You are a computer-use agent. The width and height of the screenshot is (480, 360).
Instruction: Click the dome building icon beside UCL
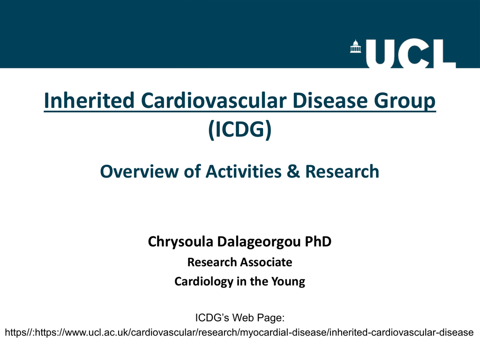pos(355,46)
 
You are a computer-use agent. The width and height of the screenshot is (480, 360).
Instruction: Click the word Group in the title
pos(405,102)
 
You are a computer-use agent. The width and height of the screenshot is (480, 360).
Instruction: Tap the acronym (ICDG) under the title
pos(240,129)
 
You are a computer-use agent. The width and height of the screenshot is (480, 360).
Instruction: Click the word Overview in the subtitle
pos(139,172)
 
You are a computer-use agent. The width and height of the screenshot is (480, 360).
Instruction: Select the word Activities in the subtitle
pos(243,172)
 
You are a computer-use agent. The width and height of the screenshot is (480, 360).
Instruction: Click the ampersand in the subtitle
pos(293,172)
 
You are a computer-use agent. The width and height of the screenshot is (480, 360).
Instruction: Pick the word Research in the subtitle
pos(342,172)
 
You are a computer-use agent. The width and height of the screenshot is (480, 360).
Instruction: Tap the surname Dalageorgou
pos(259,242)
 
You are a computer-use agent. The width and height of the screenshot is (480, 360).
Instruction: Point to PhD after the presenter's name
pos(318,241)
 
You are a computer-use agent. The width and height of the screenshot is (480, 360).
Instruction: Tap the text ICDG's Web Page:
pos(240,318)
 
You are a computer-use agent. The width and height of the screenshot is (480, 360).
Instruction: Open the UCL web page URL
pos(240,332)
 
